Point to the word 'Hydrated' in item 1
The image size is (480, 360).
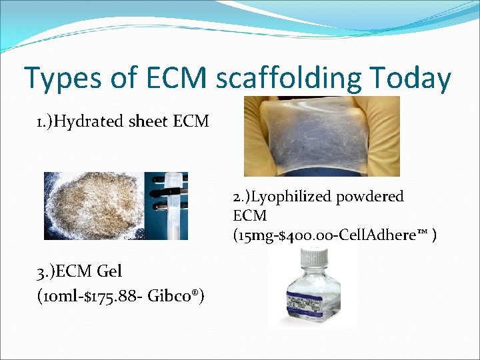92,121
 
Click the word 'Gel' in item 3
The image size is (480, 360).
109,271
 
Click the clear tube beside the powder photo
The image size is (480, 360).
175,207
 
